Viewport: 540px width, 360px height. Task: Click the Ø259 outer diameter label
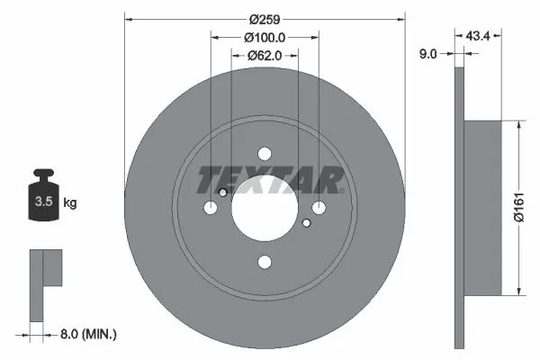[x=265, y=20]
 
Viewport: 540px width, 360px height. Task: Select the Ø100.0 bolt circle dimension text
[x=265, y=37]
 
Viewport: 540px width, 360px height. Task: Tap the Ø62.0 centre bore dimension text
[x=265, y=55]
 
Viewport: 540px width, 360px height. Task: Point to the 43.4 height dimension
[x=478, y=35]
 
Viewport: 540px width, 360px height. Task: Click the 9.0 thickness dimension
[x=427, y=54]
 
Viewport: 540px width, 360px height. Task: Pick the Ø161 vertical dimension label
[x=518, y=207]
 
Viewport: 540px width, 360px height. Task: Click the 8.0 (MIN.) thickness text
[x=88, y=334]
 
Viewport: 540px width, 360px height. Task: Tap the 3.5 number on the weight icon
[x=44, y=202]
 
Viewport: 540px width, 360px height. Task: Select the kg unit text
[x=70, y=202]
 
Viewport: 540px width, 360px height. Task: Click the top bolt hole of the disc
[x=265, y=154]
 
